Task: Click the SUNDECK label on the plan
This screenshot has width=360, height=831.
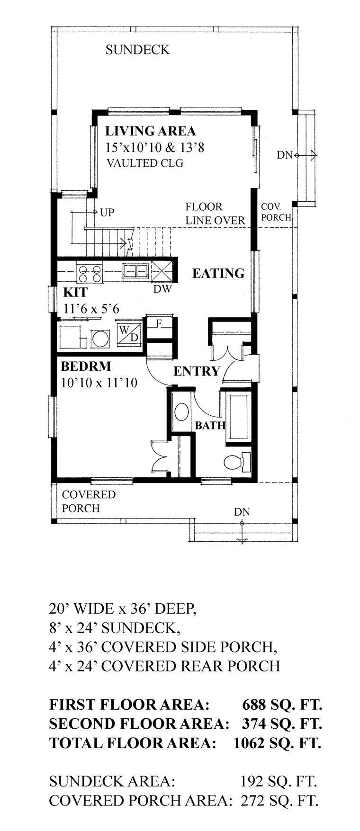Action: click(x=137, y=50)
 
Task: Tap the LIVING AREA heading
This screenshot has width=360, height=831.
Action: click(x=151, y=131)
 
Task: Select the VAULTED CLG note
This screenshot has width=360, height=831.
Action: click(x=145, y=163)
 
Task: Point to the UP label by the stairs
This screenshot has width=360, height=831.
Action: click(x=108, y=212)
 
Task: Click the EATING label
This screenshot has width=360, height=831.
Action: click(x=218, y=273)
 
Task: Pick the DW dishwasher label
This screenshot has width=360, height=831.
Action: click(x=162, y=288)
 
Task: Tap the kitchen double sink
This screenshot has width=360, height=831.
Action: click(x=135, y=271)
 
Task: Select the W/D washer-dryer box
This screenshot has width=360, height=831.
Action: click(x=128, y=333)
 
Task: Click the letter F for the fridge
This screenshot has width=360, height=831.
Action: click(x=160, y=324)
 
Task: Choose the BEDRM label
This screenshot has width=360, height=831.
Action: click(x=86, y=366)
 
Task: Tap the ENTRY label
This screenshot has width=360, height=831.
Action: click(x=197, y=371)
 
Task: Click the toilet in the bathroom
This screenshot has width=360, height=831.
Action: click(x=238, y=460)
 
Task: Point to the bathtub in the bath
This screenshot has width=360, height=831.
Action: click(x=239, y=416)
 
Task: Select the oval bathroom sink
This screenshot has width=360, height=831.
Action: click(x=181, y=411)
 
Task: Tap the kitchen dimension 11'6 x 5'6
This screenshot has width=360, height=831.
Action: click(x=91, y=309)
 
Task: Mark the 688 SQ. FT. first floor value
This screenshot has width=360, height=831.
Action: click(x=282, y=705)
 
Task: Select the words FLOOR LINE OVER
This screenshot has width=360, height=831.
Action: click(x=215, y=214)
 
